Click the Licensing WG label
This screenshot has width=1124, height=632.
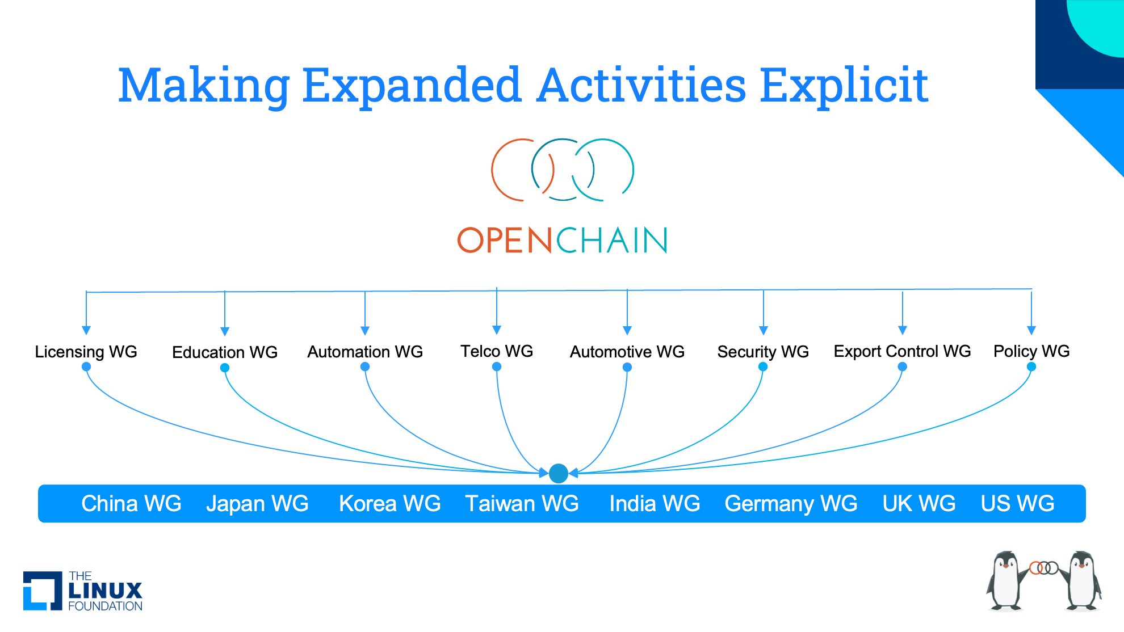tap(86, 352)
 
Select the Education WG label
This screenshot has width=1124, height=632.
tap(225, 352)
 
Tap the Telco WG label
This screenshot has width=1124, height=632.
tap(497, 351)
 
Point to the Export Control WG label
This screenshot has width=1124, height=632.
tap(902, 351)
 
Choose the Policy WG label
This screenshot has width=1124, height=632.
tap(1031, 351)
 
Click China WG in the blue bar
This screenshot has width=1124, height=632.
tap(131, 504)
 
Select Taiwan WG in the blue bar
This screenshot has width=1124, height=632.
tap(522, 504)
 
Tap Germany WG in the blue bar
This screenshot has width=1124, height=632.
tap(791, 504)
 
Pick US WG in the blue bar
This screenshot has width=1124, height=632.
tap(1017, 504)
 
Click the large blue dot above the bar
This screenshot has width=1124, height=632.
tap(559, 473)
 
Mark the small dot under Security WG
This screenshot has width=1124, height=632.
tap(763, 367)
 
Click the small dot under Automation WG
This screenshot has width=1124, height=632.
tap(365, 367)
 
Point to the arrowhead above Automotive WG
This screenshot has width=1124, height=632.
tap(627, 331)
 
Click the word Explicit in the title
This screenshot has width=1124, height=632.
tap(844, 86)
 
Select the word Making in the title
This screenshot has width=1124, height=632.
tap(204, 86)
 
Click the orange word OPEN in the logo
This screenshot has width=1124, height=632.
tap(505, 240)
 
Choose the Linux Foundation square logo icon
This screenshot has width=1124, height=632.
tap(43, 591)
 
